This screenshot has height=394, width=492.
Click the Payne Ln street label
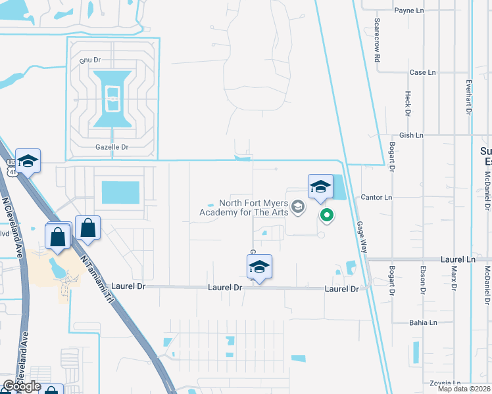click(408, 11)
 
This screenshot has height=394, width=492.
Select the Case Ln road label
click(422, 72)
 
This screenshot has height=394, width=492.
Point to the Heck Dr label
click(408, 103)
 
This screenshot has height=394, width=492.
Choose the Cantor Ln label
click(376, 197)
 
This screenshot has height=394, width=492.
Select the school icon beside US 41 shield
click(28, 161)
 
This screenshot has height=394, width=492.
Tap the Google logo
click(21, 385)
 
